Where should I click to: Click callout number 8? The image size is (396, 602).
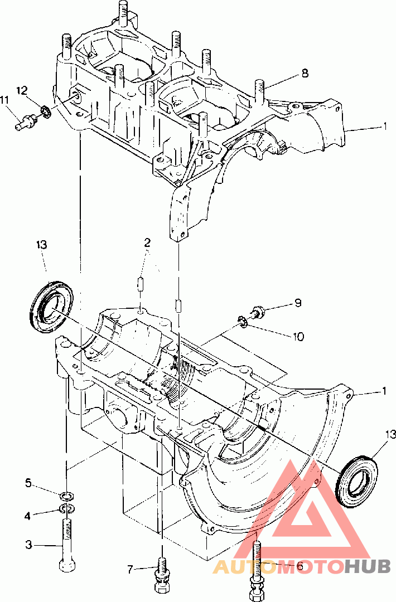tap(305, 72)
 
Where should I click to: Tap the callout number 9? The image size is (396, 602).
tap(298, 303)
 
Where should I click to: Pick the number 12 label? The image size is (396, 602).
tap(22, 90)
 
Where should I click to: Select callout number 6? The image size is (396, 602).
tap(300, 566)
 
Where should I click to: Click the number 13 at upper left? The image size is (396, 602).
tap(42, 245)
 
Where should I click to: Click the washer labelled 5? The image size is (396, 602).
tap(67, 495)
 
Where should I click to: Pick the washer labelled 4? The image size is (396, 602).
tap(66, 508)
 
